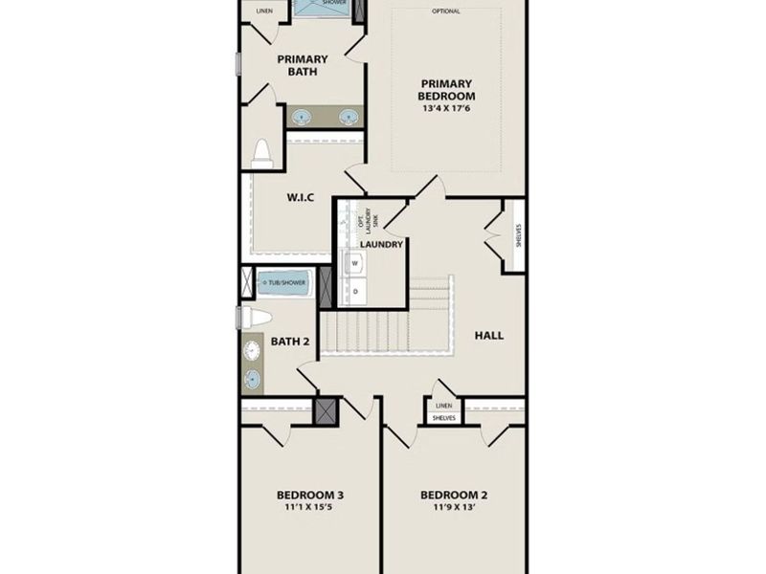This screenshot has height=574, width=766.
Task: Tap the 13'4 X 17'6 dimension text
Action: (x=446, y=108)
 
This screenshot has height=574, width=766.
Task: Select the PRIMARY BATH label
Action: (x=303, y=65)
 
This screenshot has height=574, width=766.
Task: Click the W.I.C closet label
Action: (x=301, y=198)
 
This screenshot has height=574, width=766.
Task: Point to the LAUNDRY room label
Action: (x=380, y=244)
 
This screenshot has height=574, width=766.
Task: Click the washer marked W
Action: (x=354, y=261)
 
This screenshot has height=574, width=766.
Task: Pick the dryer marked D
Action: (x=354, y=290)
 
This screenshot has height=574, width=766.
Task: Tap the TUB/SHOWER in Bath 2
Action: (x=284, y=284)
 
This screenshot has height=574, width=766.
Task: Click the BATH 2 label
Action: (x=288, y=341)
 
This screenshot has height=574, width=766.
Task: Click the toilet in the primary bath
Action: (x=261, y=154)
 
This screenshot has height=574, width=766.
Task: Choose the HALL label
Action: (x=488, y=335)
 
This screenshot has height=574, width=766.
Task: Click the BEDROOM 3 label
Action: (x=310, y=495)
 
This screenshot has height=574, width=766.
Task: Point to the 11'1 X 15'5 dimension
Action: (x=310, y=510)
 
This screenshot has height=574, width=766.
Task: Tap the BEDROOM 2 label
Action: (x=454, y=495)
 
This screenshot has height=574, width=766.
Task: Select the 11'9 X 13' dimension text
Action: (x=454, y=510)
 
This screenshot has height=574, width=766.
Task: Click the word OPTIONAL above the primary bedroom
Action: (x=446, y=11)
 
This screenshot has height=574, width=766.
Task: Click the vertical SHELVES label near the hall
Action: (x=518, y=234)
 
